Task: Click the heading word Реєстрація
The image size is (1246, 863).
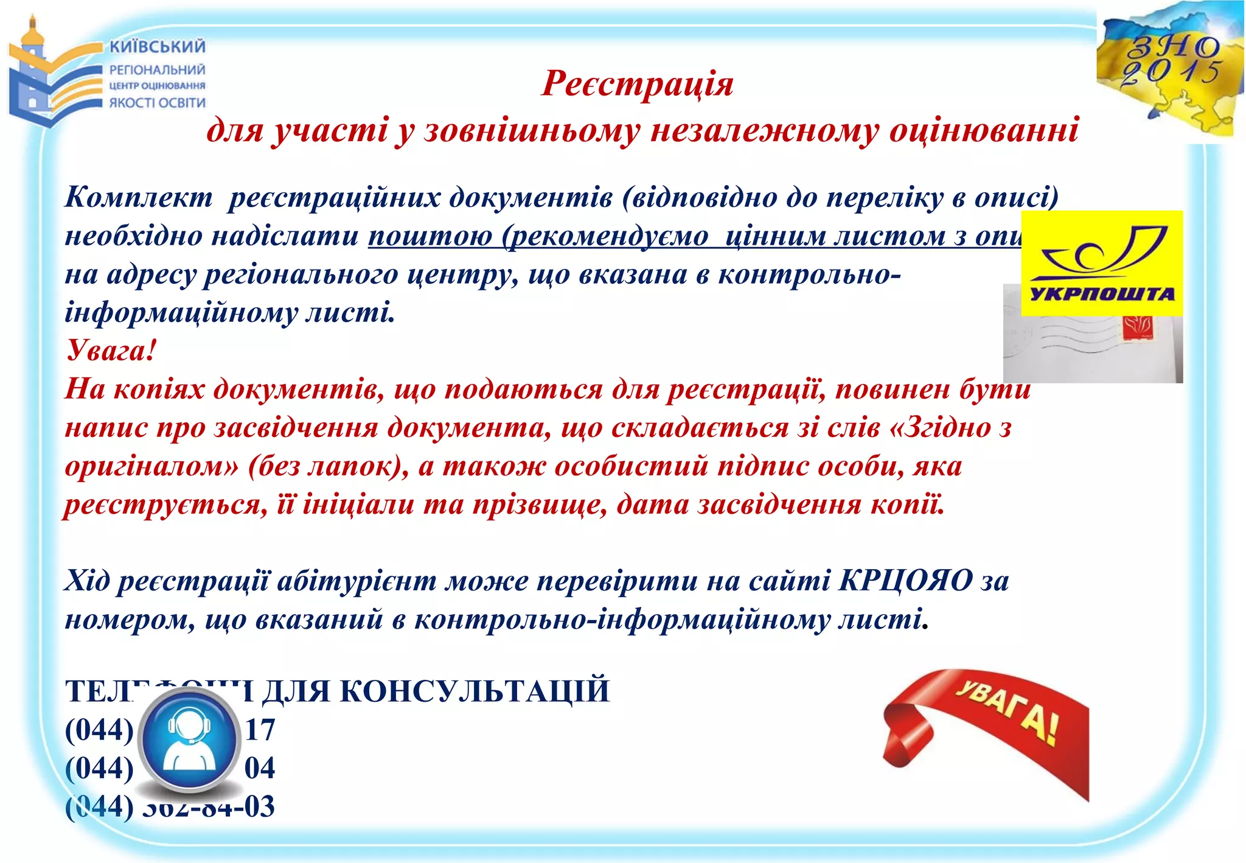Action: [637, 83]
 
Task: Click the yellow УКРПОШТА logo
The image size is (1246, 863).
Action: [1102, 263]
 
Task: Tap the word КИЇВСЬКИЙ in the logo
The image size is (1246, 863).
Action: [158, 47]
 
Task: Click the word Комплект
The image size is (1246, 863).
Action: [139, 197]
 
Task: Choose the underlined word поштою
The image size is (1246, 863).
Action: [430, 236]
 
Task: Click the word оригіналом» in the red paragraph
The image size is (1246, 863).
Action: [152, 467]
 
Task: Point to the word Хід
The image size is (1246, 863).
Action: [87, 581]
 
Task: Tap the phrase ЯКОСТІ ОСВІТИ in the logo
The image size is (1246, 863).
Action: [158, 102]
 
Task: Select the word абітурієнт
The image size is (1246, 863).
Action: [357, 581]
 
